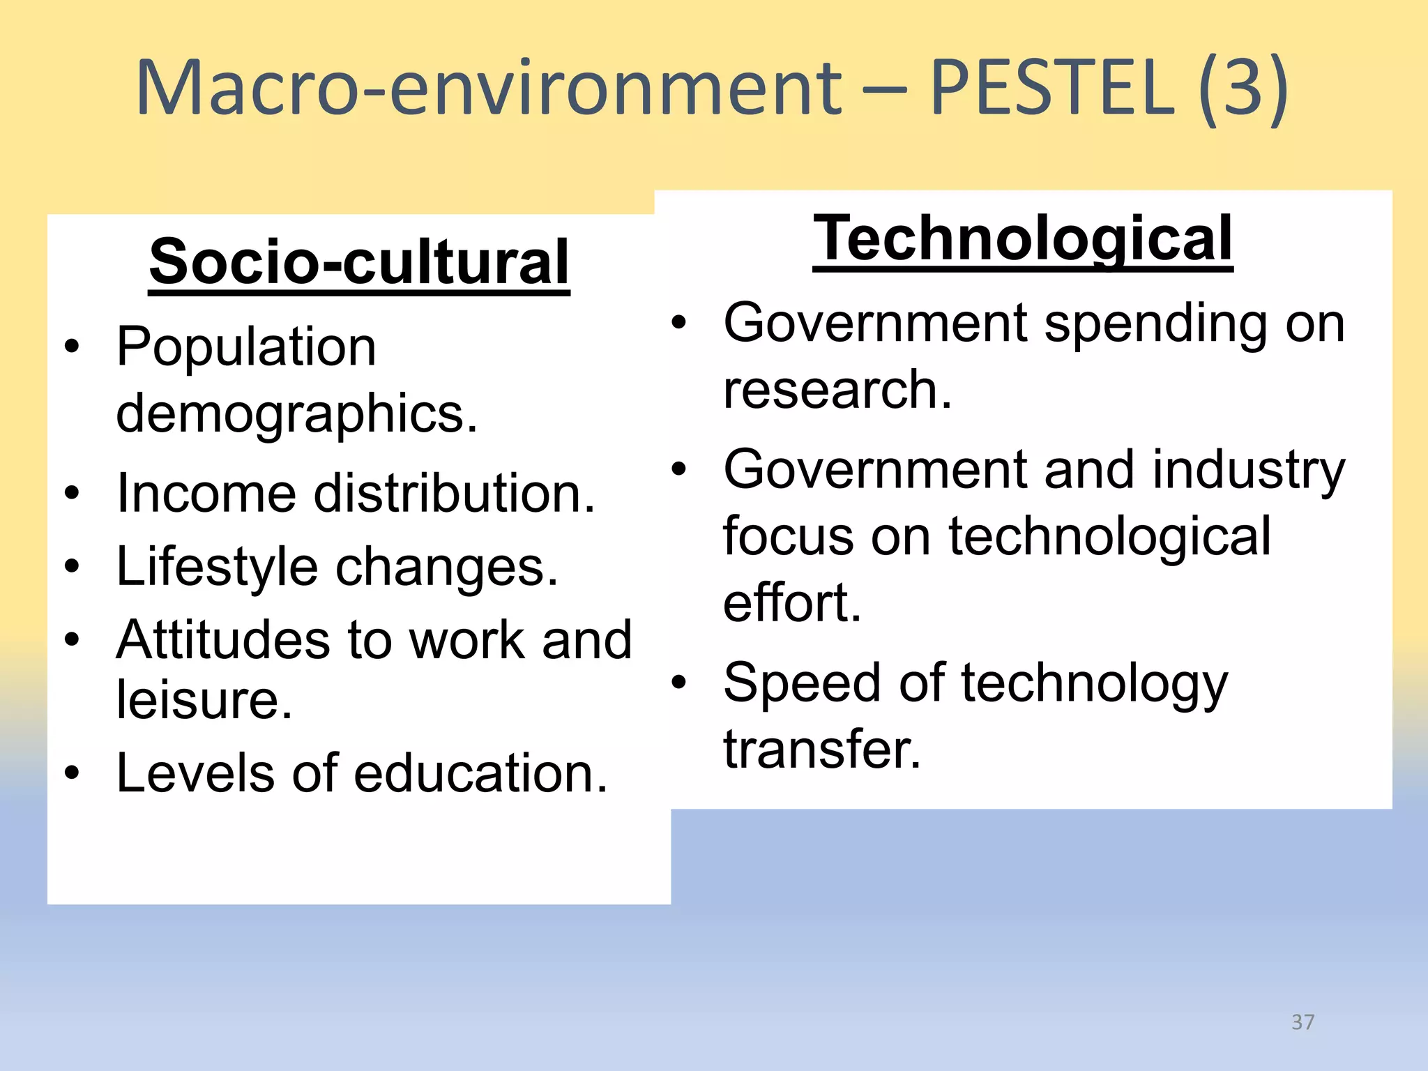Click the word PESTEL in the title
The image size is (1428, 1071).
(1052, 88)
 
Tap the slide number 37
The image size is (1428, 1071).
(1302, 1022)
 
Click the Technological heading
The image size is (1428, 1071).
(1023, 238)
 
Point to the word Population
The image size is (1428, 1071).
(246, 347)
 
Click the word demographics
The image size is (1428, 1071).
(296, 413)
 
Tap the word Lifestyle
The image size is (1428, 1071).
(217, 566)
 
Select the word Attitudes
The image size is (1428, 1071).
(222, 639)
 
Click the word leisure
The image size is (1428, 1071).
(204, 699)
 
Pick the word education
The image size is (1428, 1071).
(480, 773)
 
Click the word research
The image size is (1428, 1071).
(837, 389)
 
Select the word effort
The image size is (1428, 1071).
(792, 602)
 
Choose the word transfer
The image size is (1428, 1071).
(822, 749)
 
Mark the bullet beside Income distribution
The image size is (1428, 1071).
(72, 494)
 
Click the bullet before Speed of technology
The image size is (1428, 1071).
(679, 682)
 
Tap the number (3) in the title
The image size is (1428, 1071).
(1243, 88)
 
